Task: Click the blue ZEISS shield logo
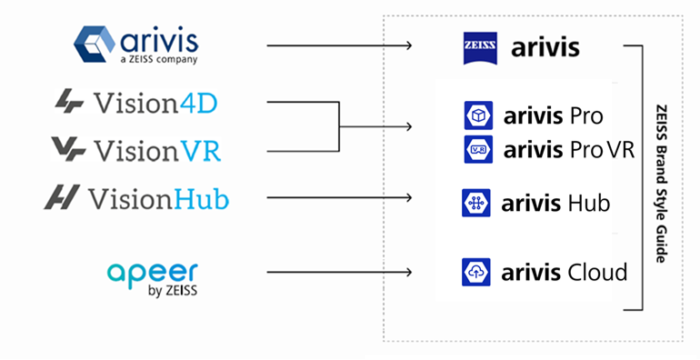[x=480, y=48]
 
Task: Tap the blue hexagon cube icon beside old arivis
[x=95, y=44]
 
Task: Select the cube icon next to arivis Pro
[x=478, y=115]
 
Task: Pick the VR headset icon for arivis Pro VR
[x=478, y=149]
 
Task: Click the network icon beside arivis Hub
[x=476, y=203]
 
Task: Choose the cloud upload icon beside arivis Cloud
[x=476, y=272]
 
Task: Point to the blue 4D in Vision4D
[x=199, y=104]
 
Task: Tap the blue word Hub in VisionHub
[x=201, y=198]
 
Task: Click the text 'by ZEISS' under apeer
[x=173, y=291]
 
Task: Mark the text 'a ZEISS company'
[x=159, y=59]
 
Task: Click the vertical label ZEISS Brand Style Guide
[x=662, y=184]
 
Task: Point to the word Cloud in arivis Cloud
[x=596, y=272]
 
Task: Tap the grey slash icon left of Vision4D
[x=69, y=101]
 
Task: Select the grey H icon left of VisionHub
[x=62, y=196]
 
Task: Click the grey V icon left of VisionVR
[x=68, y=149]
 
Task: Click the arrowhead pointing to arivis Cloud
[x=409, y=272]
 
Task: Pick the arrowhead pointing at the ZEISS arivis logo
[x=409, y=45]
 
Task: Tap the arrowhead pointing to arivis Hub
[x=409, y=197]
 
